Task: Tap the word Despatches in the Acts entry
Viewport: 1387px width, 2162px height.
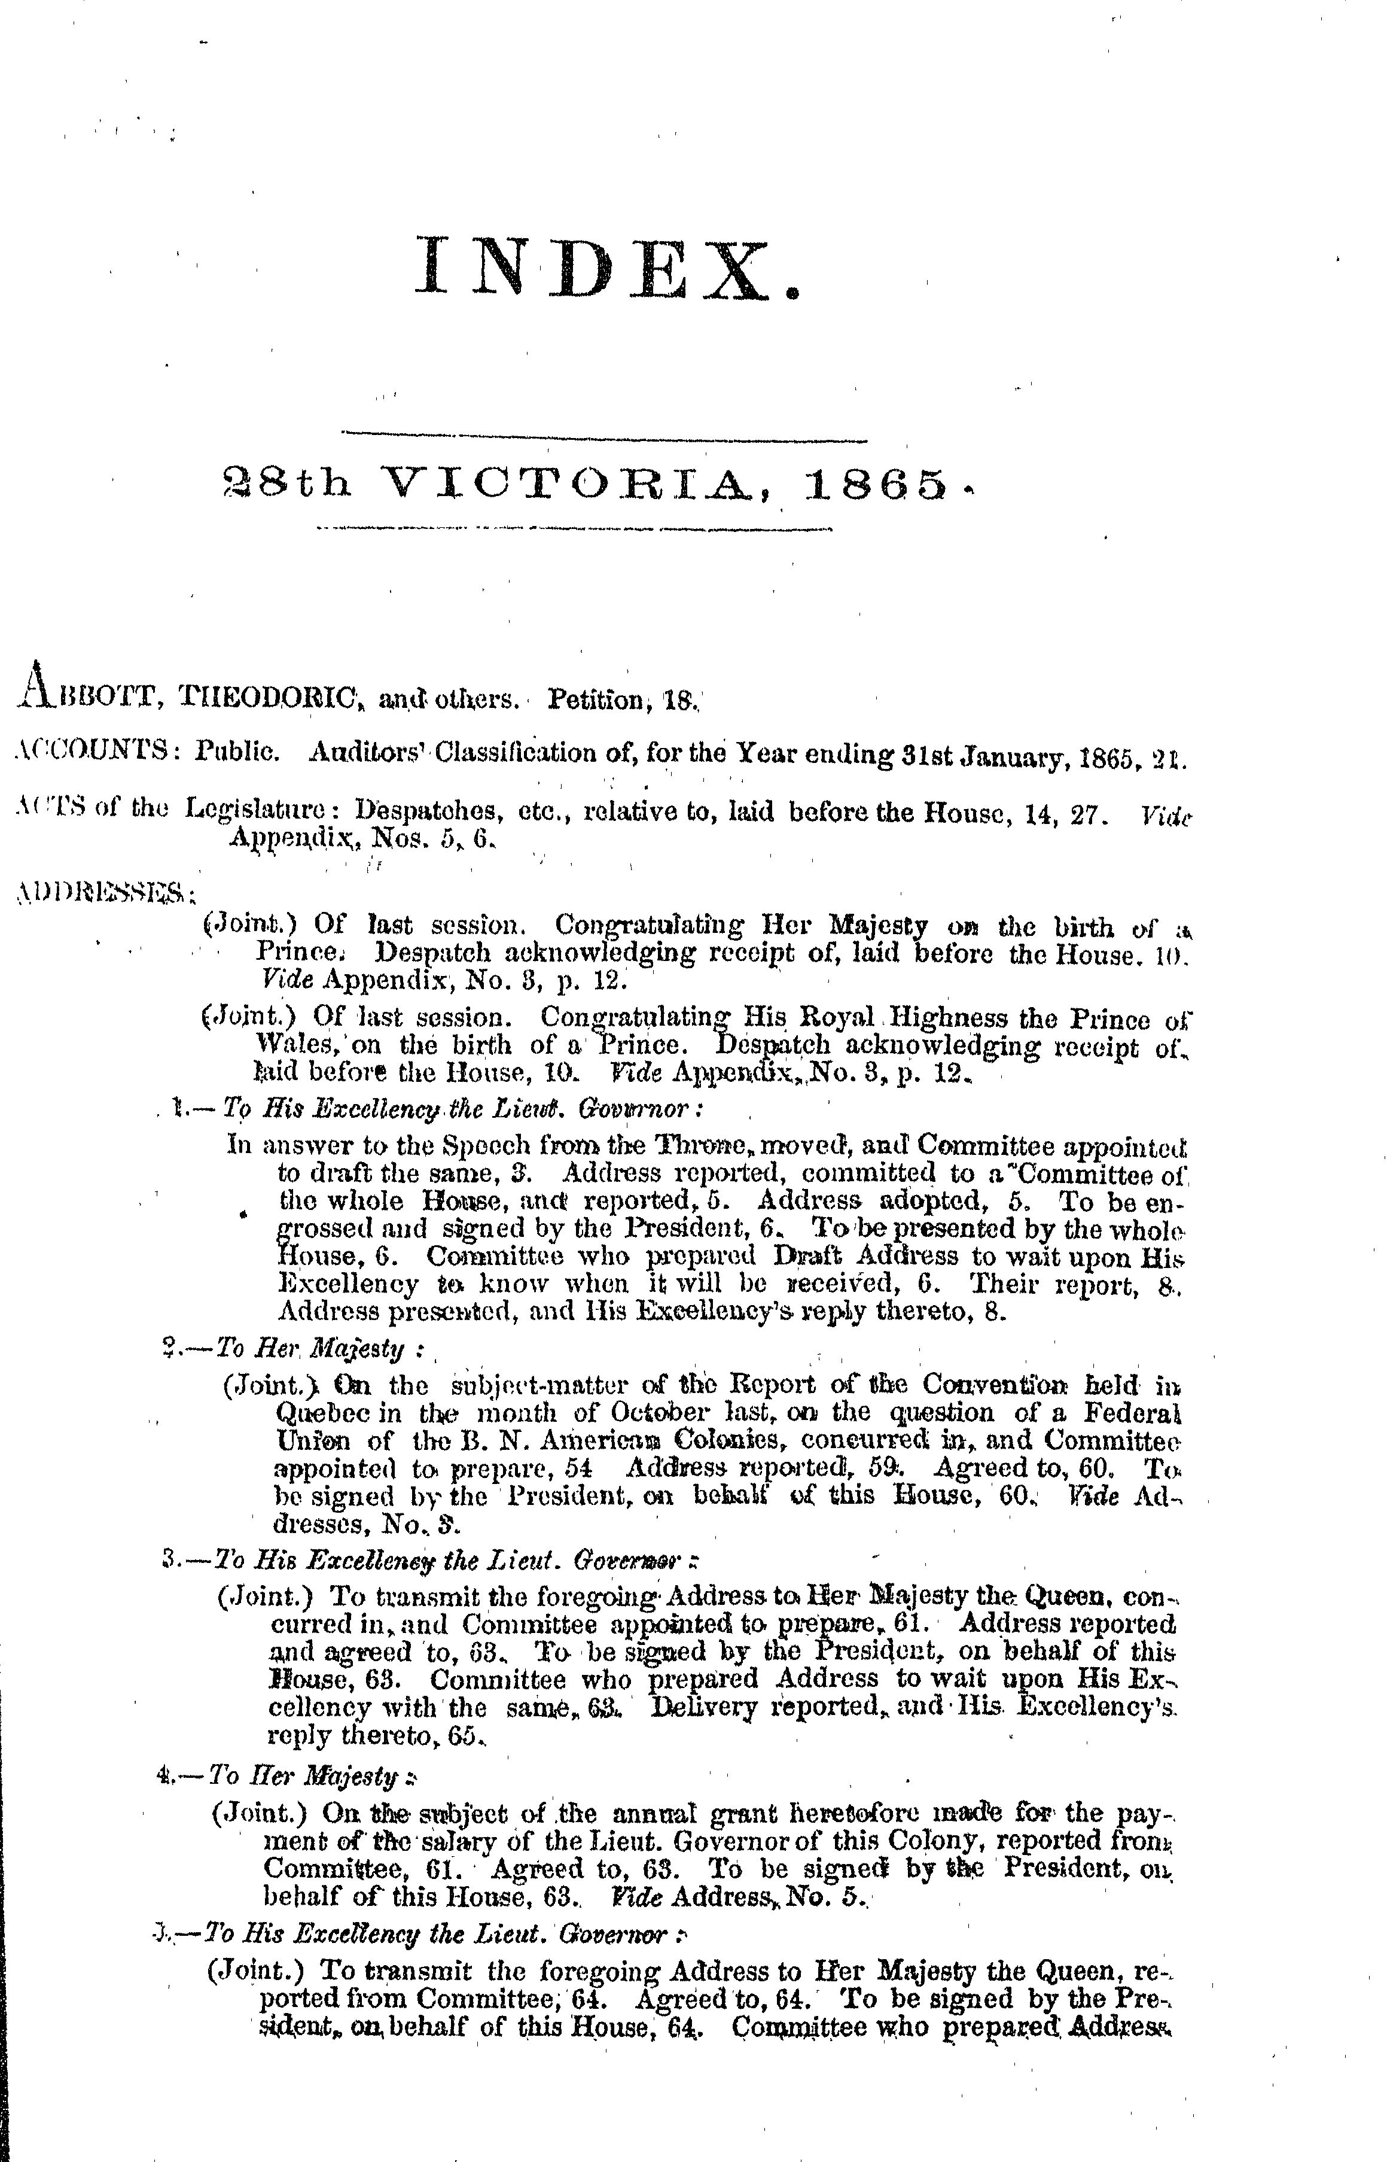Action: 429,811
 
